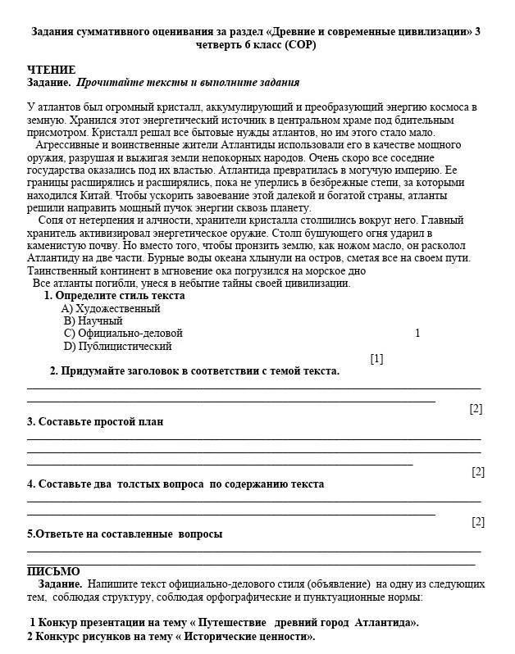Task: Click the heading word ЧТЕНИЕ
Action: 51,70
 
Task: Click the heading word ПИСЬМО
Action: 53,571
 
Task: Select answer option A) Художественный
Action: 111,309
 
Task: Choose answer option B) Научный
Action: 93,321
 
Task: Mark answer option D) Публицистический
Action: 117,346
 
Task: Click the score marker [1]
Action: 376,358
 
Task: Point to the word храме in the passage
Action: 353,120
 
